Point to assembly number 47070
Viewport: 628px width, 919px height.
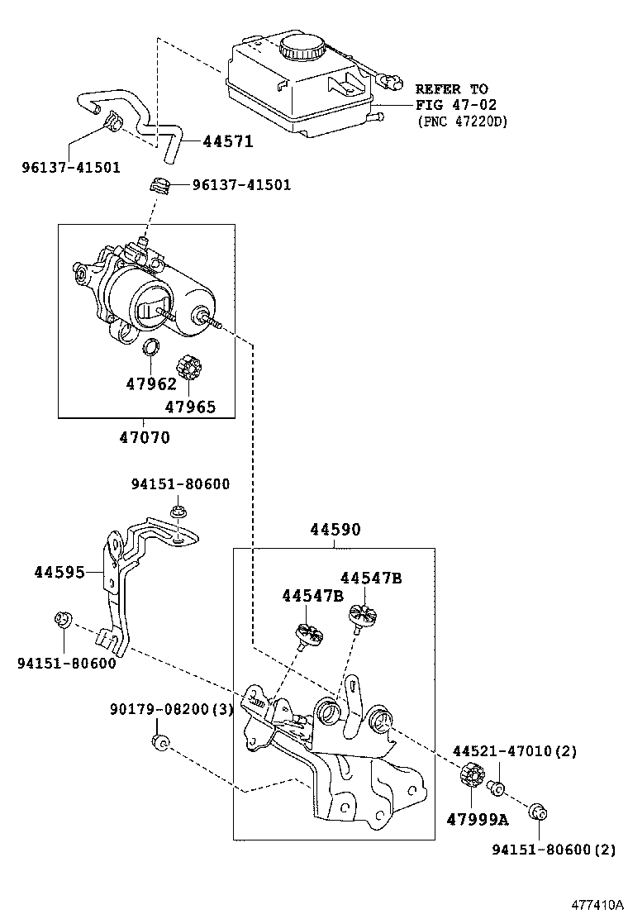point(144,437)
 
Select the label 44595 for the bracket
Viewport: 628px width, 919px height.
point(61,572)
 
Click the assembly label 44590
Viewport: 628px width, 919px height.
point(335,530)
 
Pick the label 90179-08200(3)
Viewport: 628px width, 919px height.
point(172,710)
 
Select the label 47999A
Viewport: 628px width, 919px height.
point(477,819)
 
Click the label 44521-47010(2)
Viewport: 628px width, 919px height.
point(514,751)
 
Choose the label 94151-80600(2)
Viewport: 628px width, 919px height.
point(554,849)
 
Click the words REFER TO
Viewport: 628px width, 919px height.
point(451,88)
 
